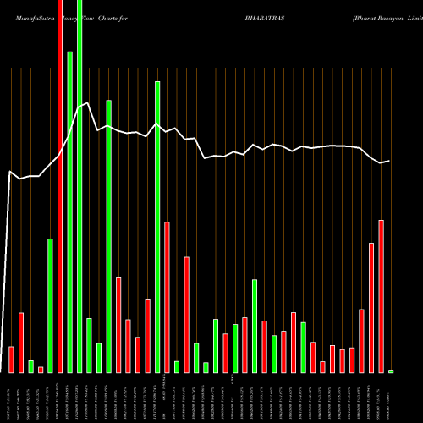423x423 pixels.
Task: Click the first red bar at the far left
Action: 11,360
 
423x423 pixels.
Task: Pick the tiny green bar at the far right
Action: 391,371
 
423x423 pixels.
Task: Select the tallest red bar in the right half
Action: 381,296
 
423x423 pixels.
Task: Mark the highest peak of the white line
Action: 86,103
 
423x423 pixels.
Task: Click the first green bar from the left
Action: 31,366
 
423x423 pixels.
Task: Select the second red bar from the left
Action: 21,343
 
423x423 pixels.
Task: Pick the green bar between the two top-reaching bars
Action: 70,211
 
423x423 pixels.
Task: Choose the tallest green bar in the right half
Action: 255,326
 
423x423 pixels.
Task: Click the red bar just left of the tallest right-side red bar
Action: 371,307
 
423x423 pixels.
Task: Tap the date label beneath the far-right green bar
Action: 391,398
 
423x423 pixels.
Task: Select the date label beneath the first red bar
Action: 11,398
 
